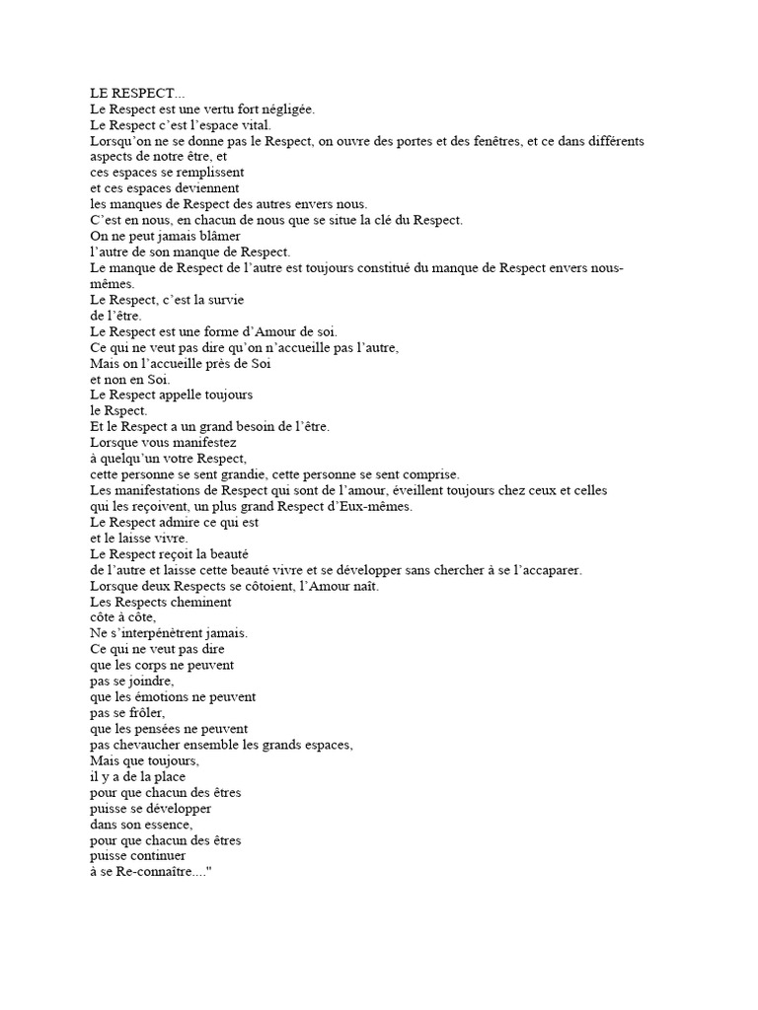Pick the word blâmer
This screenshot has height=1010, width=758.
217,236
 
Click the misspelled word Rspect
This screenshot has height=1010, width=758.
125,409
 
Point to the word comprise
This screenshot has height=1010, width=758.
424,473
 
